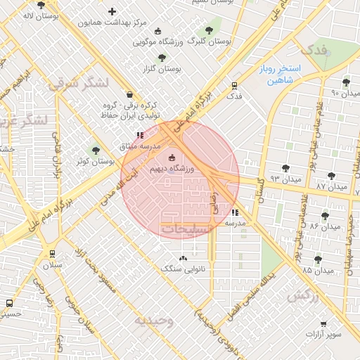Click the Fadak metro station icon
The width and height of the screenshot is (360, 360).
235,85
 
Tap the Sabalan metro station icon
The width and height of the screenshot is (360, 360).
53,254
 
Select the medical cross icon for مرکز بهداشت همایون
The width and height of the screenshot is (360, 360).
112,11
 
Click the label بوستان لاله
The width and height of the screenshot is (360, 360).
39,15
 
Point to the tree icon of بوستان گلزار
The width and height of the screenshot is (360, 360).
162,58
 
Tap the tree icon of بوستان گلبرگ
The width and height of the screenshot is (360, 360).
208,30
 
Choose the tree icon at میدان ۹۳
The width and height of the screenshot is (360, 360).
285,167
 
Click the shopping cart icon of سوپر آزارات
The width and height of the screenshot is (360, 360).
323,323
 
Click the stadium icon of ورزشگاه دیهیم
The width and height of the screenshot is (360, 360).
172,158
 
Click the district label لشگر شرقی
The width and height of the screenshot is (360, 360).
79,83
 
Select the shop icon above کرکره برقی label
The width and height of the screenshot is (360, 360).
129,94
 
